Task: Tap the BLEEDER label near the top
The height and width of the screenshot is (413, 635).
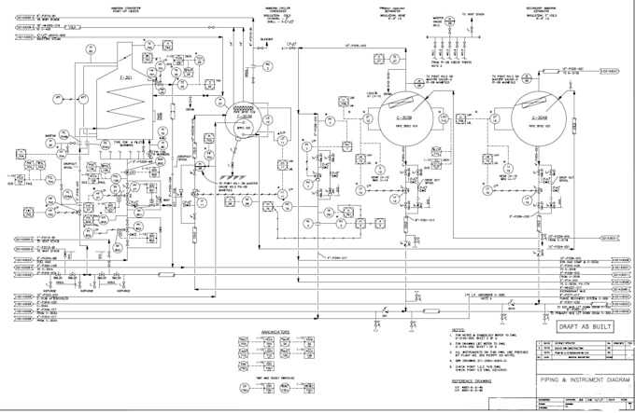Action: [266, 38]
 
